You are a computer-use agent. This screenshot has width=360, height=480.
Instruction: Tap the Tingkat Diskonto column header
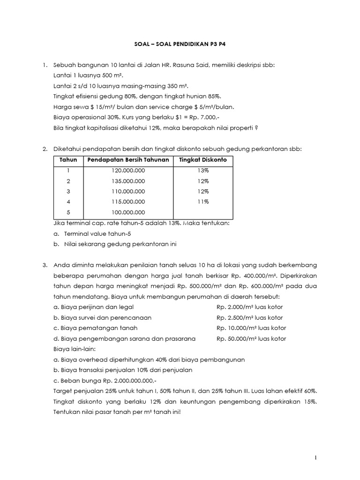[203, 160]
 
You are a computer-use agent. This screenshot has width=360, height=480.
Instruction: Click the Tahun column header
[68, 160]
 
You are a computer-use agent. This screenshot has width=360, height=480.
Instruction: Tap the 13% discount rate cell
[203, 171]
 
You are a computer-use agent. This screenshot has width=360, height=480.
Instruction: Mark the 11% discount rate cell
[203, 202]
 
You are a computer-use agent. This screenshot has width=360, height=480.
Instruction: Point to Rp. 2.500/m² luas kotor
[250, 318]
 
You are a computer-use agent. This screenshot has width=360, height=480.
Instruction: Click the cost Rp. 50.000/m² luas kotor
[251, 338]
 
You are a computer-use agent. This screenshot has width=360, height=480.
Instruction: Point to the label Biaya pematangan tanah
[96, 328]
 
